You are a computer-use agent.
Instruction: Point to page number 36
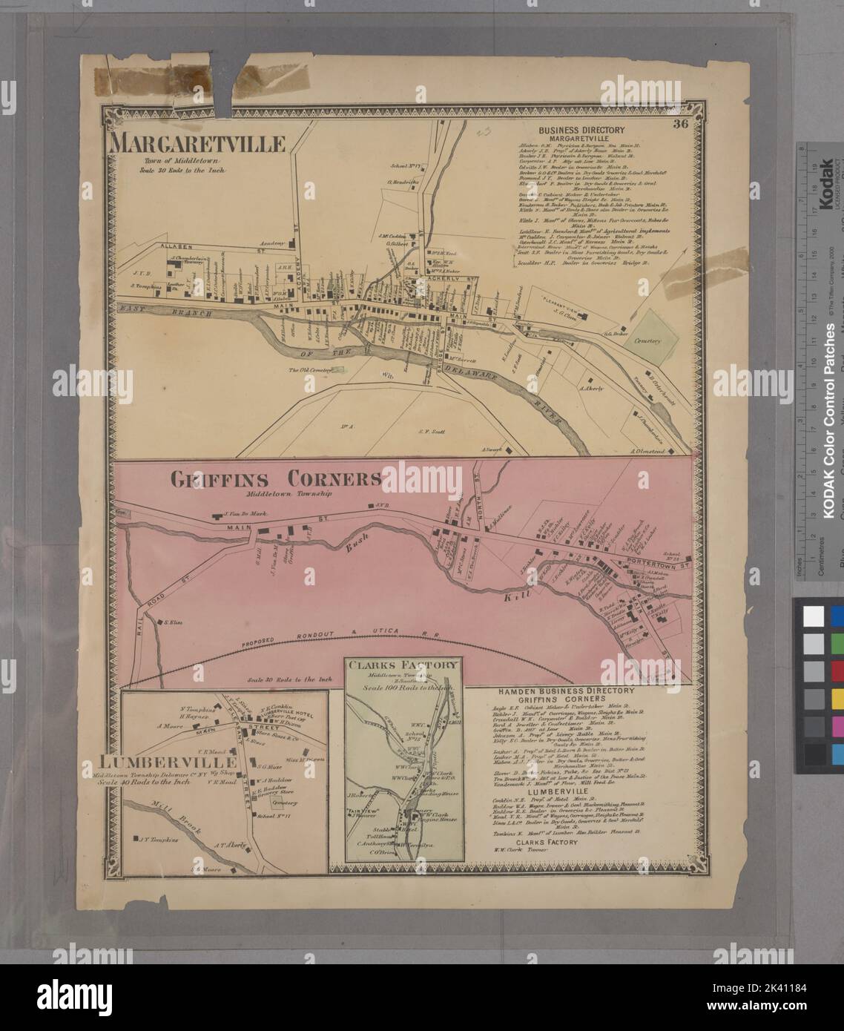[x=680, y=125]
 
